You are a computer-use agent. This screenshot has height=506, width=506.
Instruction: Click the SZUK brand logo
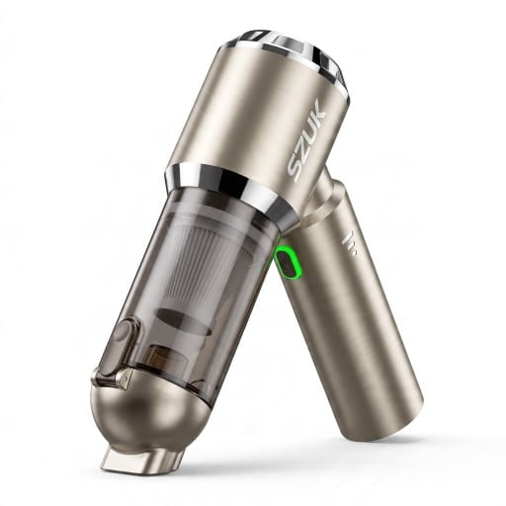click(x=306, y=137)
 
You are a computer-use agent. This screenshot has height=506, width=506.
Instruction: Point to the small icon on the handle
click(x=350, y=244)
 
